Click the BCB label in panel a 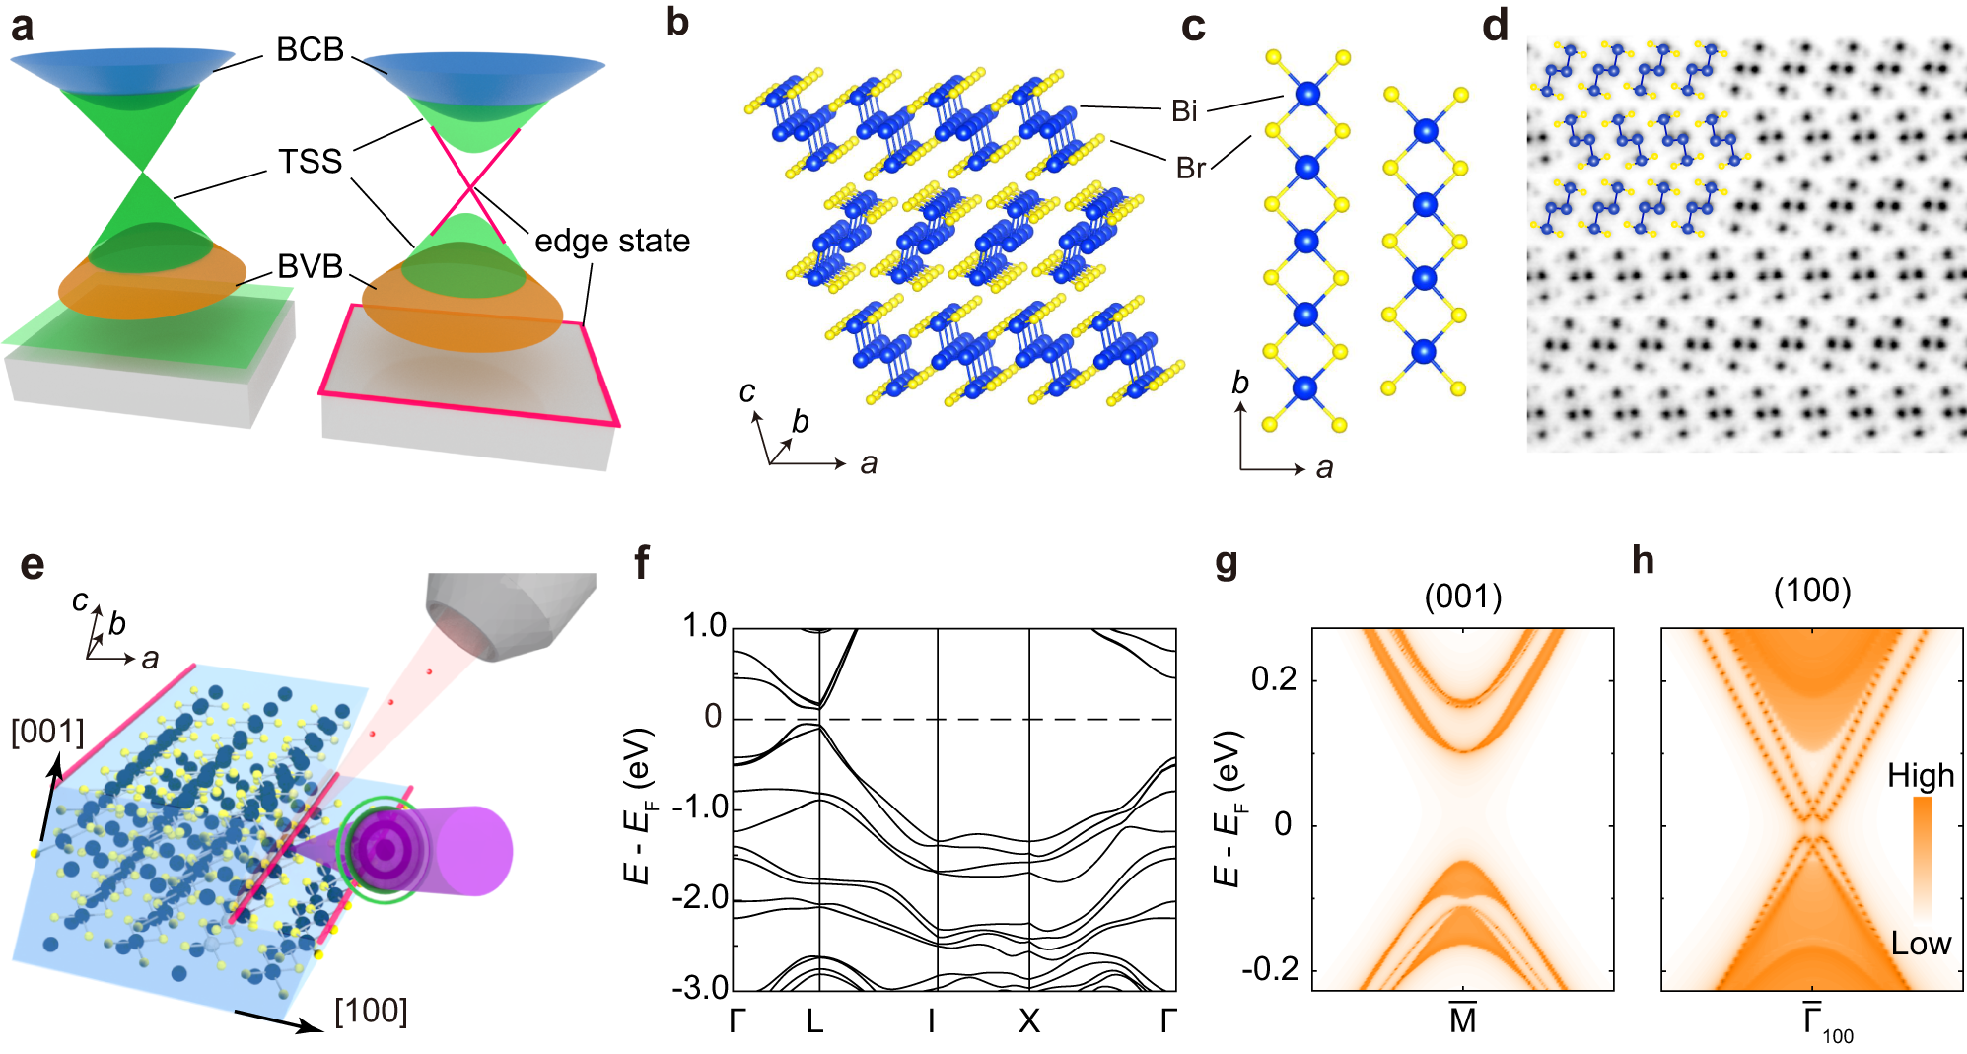click(x=310, y=49)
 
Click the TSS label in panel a click(x=310, y=162)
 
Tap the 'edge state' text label click(x=611, y=241)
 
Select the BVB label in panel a click(x=310, y=266)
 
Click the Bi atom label click(x=1184, y=111)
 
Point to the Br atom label click(x=1190, y=169)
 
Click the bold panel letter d click(x=1495, y=26)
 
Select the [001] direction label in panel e click(x=47, y=732)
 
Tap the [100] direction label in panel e click(x=371, y=1011)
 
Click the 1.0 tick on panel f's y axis click(x=704, y=625)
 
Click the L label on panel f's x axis click(x=814, y=1021)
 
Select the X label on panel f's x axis click(x=1028, y=1021)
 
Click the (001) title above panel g click(x=1463, y=596)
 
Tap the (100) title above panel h click(x=1812, y=591)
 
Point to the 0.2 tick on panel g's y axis click(x=1273, y=679)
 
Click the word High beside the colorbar click(x=1921, y=776)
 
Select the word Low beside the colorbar click(x=1921, y=944)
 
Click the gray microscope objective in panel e click(x=513, y=611)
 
